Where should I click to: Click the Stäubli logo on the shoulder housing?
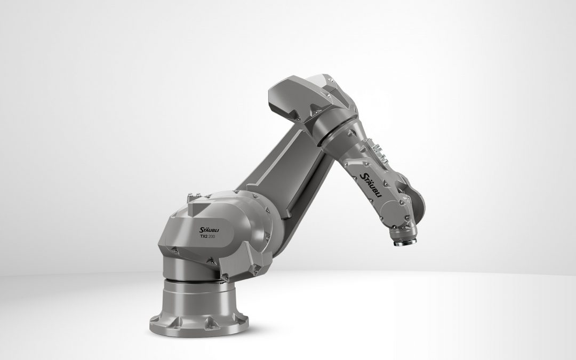tap(209, 229)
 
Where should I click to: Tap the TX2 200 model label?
tap(207, 237)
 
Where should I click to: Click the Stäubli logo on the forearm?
tap(371, 185)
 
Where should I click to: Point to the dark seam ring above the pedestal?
tap(194, 281)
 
